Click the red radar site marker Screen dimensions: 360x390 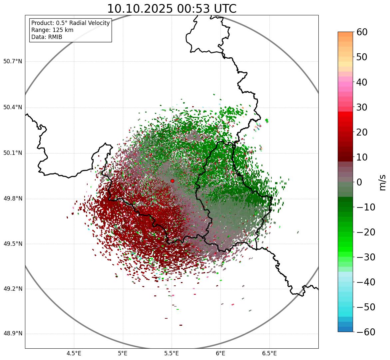click(172, 181)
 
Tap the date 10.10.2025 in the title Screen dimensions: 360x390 click(140, 9)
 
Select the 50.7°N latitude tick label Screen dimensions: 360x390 click(12, 62)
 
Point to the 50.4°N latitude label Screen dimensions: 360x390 click(12, 108)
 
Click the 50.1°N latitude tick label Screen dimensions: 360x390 click(12, 153)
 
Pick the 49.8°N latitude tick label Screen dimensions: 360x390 click(12, 199)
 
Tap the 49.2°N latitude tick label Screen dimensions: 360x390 click(12, 289)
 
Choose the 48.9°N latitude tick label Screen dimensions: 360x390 click(12, 334)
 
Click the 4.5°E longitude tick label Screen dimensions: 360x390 click(74, 353)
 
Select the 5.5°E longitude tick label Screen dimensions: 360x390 click(172, 353)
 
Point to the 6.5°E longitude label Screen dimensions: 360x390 click(269, 353)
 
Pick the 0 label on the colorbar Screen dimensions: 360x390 click(359, 182)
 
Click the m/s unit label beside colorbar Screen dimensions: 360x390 click(382, 182)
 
